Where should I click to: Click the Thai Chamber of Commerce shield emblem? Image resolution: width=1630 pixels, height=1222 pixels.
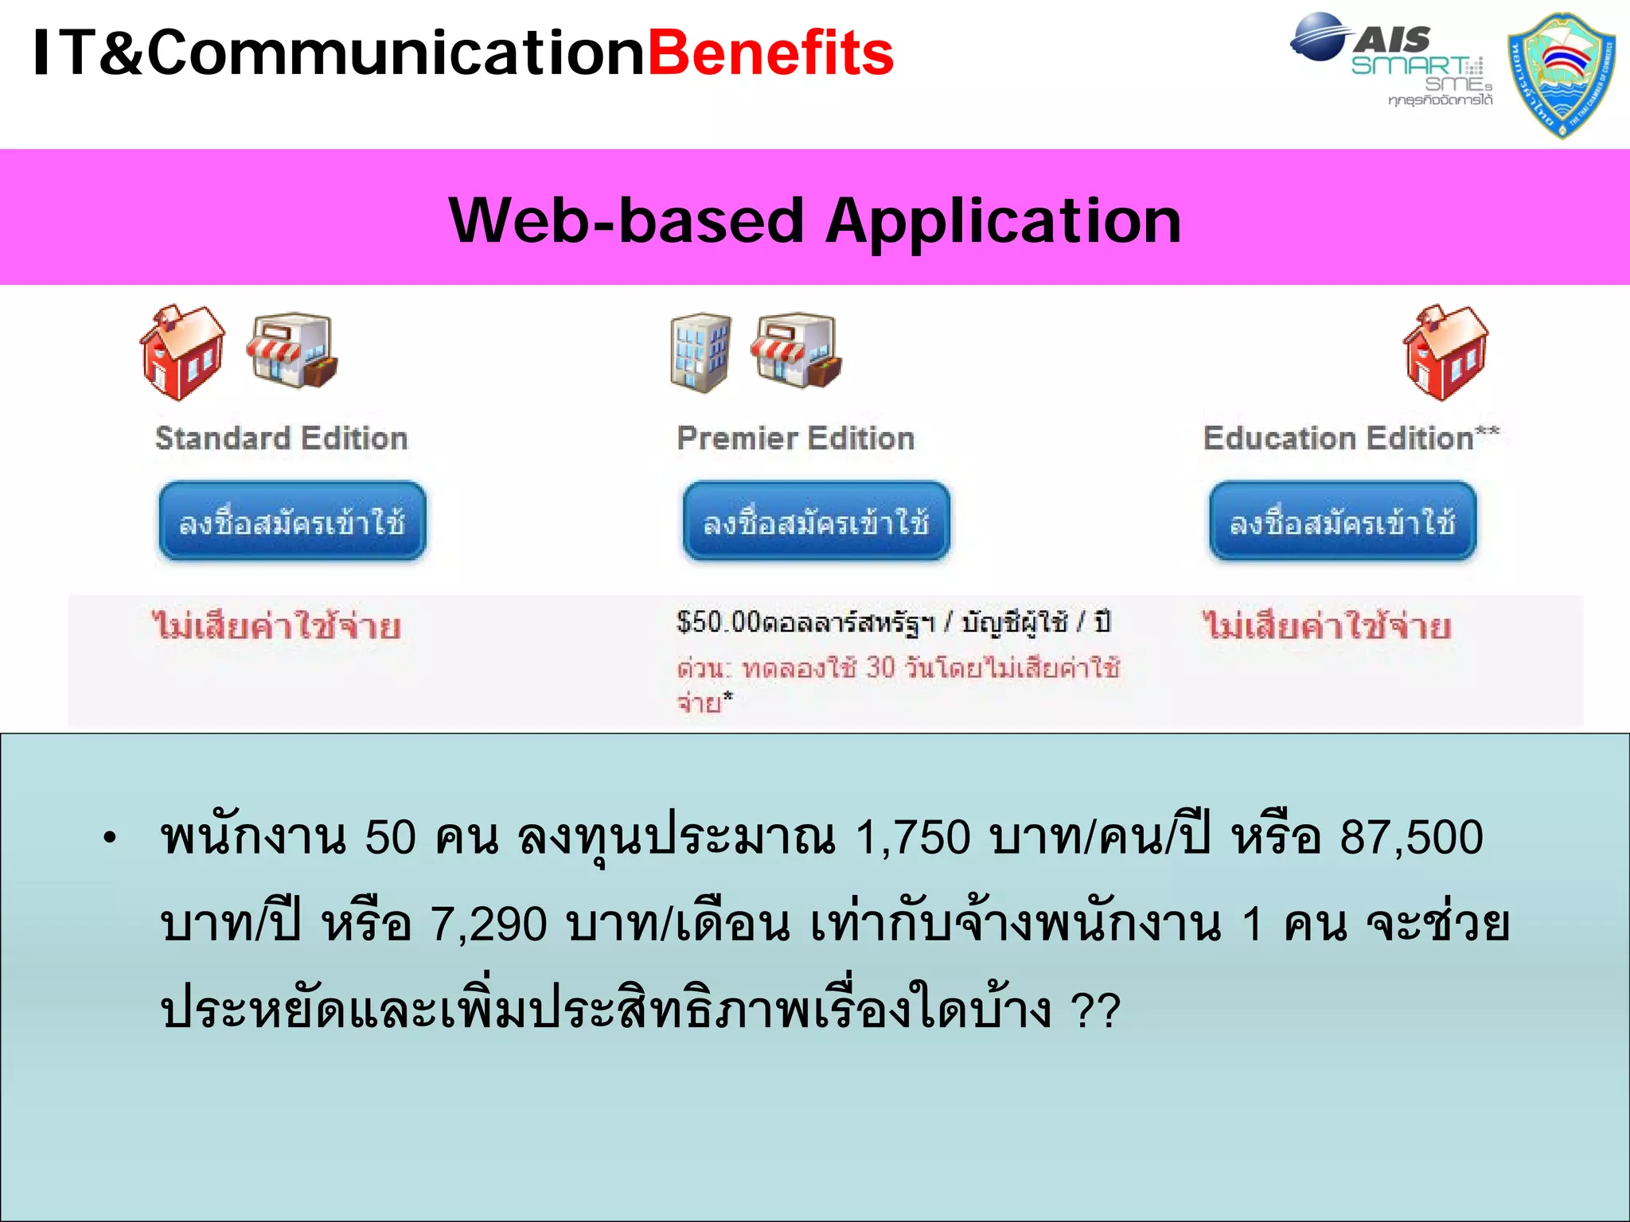[x=1562, y=75]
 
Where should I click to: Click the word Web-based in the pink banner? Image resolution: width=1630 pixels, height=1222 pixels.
[x=626, y=221]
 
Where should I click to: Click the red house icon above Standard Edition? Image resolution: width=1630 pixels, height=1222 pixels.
[x=181, y=352]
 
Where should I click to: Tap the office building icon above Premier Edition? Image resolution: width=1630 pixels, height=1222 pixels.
[x=700, y=352]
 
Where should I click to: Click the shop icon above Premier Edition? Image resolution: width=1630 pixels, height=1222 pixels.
[x=797, y=351]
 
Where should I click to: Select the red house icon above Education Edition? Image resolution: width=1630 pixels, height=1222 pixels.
[x=1445, y=352]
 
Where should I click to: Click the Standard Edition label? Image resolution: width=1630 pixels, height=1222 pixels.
[x=281, y=438]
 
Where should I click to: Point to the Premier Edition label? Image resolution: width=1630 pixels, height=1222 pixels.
[x=795, y=438]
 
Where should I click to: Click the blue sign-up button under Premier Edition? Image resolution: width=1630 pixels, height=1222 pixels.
[x=816, y=522]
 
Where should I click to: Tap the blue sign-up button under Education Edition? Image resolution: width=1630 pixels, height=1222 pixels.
[x=1343, y=522]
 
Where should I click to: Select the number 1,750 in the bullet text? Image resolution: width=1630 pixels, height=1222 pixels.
[x=913, y=838]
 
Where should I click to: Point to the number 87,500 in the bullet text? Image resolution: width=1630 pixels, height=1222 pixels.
[x=1411, y=838]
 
